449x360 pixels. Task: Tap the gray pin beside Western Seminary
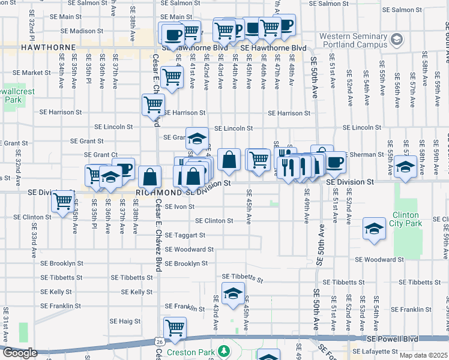coord(396,40)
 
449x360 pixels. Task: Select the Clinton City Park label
coord(407,219)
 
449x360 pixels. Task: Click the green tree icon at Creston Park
coord(224,350)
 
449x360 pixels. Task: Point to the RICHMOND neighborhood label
coord(159,193)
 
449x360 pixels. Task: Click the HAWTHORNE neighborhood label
coord(48,47)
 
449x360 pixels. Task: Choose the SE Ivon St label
coord(179,206)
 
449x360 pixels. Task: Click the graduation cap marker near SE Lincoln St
coord(196,139)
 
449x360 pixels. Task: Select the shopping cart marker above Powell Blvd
coord(175,328)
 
